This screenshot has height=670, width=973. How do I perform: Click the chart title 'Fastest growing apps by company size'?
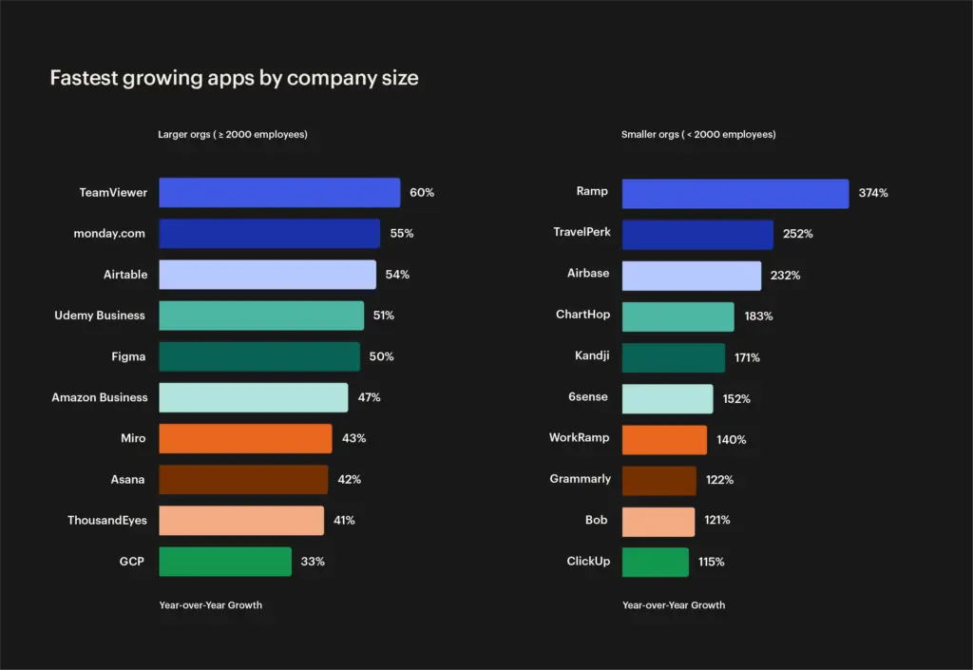(x=234, y=78)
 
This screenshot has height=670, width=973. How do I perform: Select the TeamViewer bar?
(x=279, y=193)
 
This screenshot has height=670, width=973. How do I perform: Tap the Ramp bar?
(x=735, y=193)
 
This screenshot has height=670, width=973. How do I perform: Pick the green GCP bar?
(x=225, y=562)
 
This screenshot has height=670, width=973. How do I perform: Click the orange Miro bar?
(x=245, y=438)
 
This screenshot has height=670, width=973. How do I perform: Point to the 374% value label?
(x=873, y=193)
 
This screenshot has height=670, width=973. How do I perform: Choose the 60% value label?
(x=422, y=193)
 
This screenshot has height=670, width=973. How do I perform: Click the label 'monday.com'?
(x=110, y=233)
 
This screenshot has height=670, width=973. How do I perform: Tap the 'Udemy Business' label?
(x=100, y=316)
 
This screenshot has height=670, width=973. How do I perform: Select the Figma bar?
(x=259, y=356)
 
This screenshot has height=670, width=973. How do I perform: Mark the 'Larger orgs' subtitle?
(x=233, y=135)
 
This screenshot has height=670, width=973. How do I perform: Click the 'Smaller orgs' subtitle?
(x=698, y=135)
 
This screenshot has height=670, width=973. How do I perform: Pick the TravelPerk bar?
(x=697, y=234)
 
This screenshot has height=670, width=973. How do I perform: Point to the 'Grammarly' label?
(x=580, y=479)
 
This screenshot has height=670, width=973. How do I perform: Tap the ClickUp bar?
(x=656, y=562)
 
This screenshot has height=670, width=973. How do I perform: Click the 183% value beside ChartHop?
(x=758, y=316)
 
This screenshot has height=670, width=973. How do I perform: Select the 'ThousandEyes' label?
(x=105, y=521)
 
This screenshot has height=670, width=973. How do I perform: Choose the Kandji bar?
(x=674, y=357)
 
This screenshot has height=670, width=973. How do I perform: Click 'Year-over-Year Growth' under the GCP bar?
(x=211, y=605)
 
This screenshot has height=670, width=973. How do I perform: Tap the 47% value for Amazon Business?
(x=369, y=397)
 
